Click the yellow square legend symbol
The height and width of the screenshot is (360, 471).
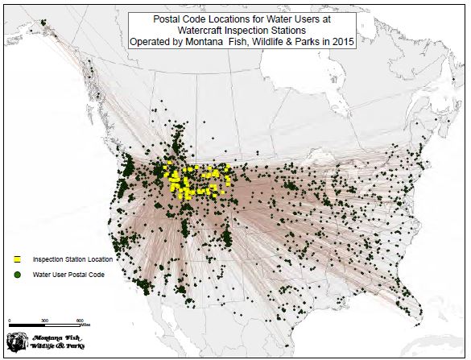pos(18,259)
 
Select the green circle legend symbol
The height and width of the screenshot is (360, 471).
pos(18,275)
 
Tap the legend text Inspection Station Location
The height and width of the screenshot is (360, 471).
pos(72,259)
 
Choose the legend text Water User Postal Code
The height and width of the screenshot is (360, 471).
pos(68,275)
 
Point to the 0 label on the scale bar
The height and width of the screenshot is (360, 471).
pos(9,321)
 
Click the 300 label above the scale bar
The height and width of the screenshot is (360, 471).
pos(45,321)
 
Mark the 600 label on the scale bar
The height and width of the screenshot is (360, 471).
pos(81,321)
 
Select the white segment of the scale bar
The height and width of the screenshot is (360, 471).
pos(63,326)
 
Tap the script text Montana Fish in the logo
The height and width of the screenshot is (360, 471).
pos(57,337)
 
